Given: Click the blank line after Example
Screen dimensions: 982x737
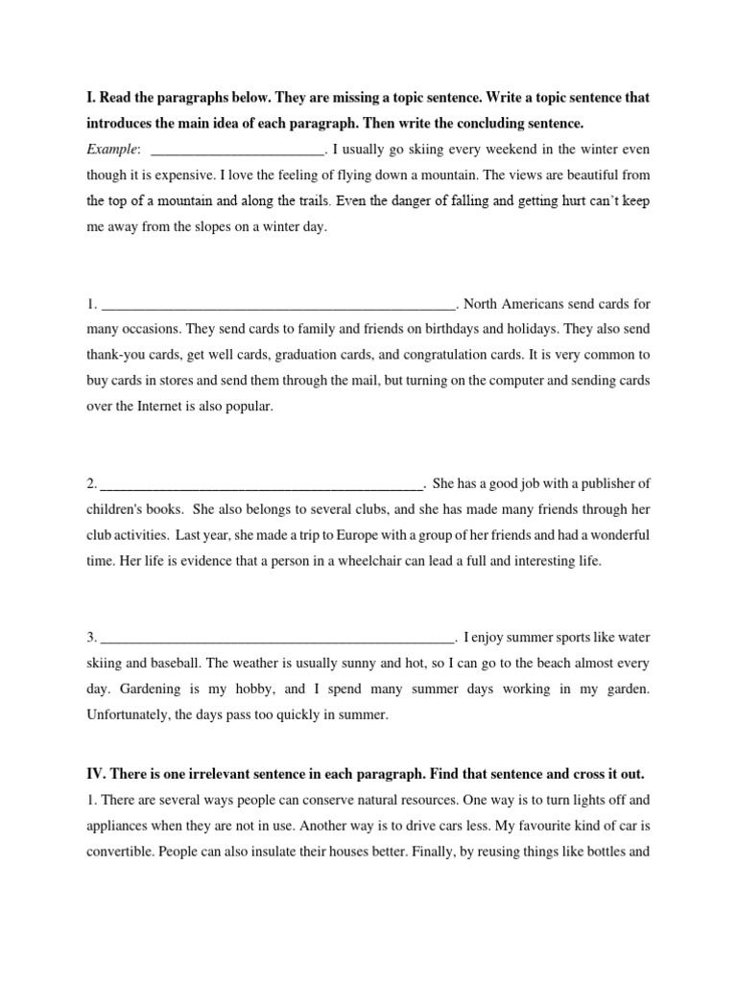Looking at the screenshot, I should (x=238, y=151).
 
